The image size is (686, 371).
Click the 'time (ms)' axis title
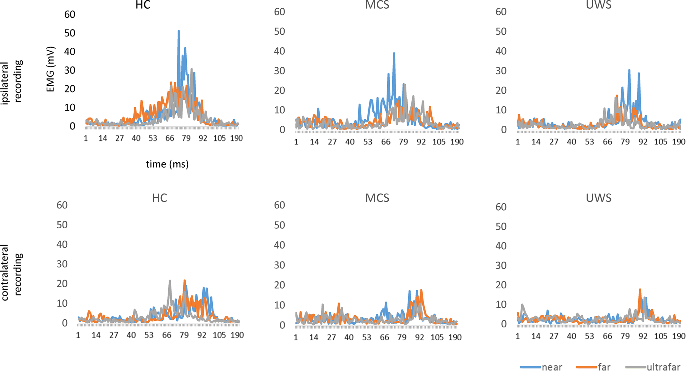[x=167, y=164]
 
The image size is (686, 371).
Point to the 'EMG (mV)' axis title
[x=51, y=69]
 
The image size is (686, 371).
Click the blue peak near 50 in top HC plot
[x=178, y=31]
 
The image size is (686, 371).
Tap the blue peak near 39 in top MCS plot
[x=394, y=53]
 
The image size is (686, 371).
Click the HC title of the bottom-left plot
[x=159, y=198]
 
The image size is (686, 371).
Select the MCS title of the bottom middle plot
[x=377, y=198]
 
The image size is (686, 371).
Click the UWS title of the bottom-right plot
[x=599, y=198]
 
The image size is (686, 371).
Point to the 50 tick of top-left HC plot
[x=69, y=33]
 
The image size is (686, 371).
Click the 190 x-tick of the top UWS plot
[x=678, y=142]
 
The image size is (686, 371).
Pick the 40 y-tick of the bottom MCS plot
[x=280, y=245]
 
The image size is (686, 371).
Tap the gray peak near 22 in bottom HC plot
[x=169, y=281]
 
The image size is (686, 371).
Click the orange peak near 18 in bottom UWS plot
[x=640, y=290]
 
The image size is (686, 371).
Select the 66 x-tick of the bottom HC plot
[x=167, y=335]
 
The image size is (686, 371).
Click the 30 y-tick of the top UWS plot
[x=501, y=71]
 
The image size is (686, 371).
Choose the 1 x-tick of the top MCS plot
[x=296, y=142]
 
